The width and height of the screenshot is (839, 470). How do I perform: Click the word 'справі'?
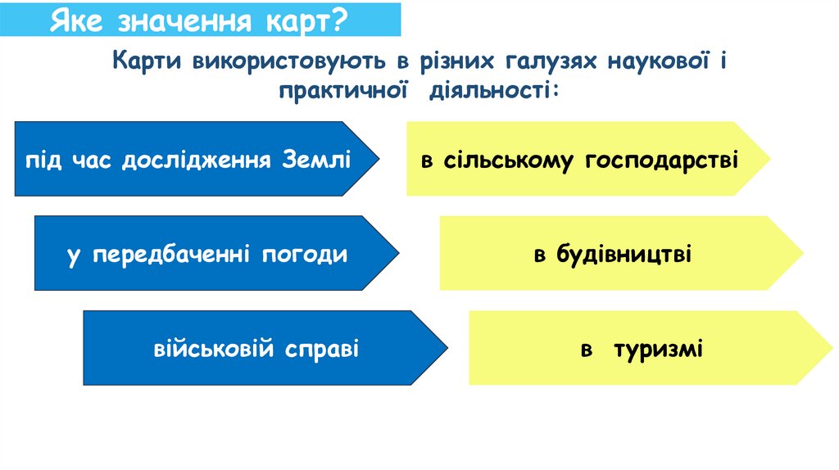coord(323,350)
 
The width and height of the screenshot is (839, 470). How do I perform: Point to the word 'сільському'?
coord(509,160)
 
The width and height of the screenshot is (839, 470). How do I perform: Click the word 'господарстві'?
coord(662,160)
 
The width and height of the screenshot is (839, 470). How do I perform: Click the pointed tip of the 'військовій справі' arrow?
coord(447,348)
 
